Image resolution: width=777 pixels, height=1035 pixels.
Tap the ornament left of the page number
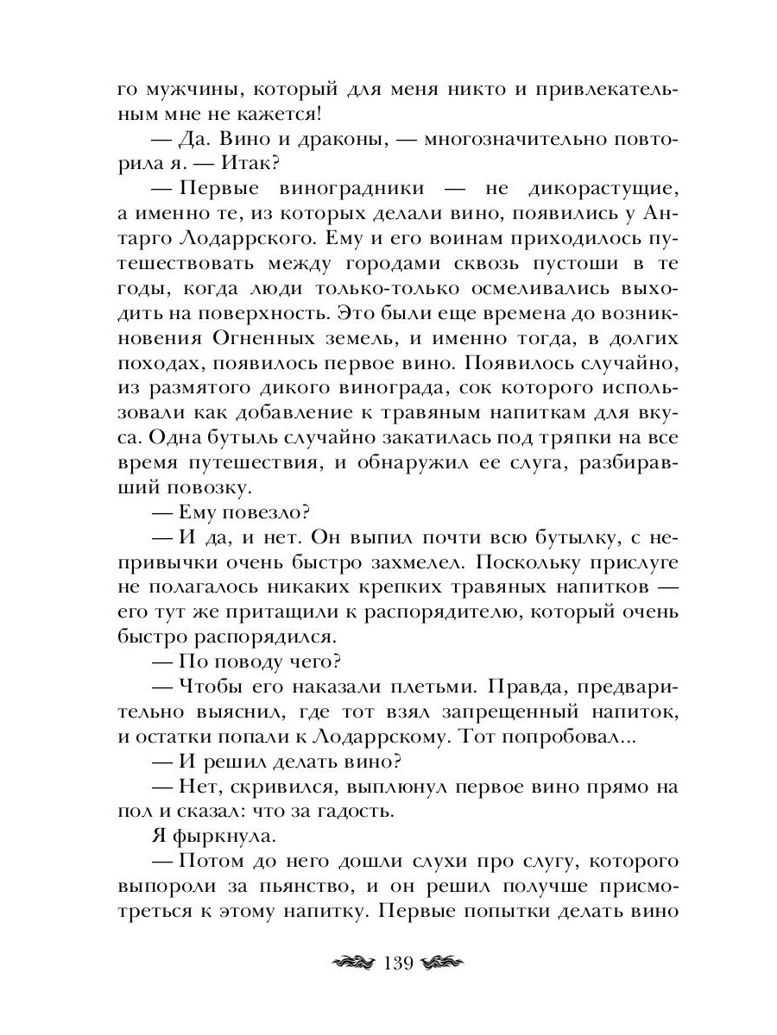pos(350,963)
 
